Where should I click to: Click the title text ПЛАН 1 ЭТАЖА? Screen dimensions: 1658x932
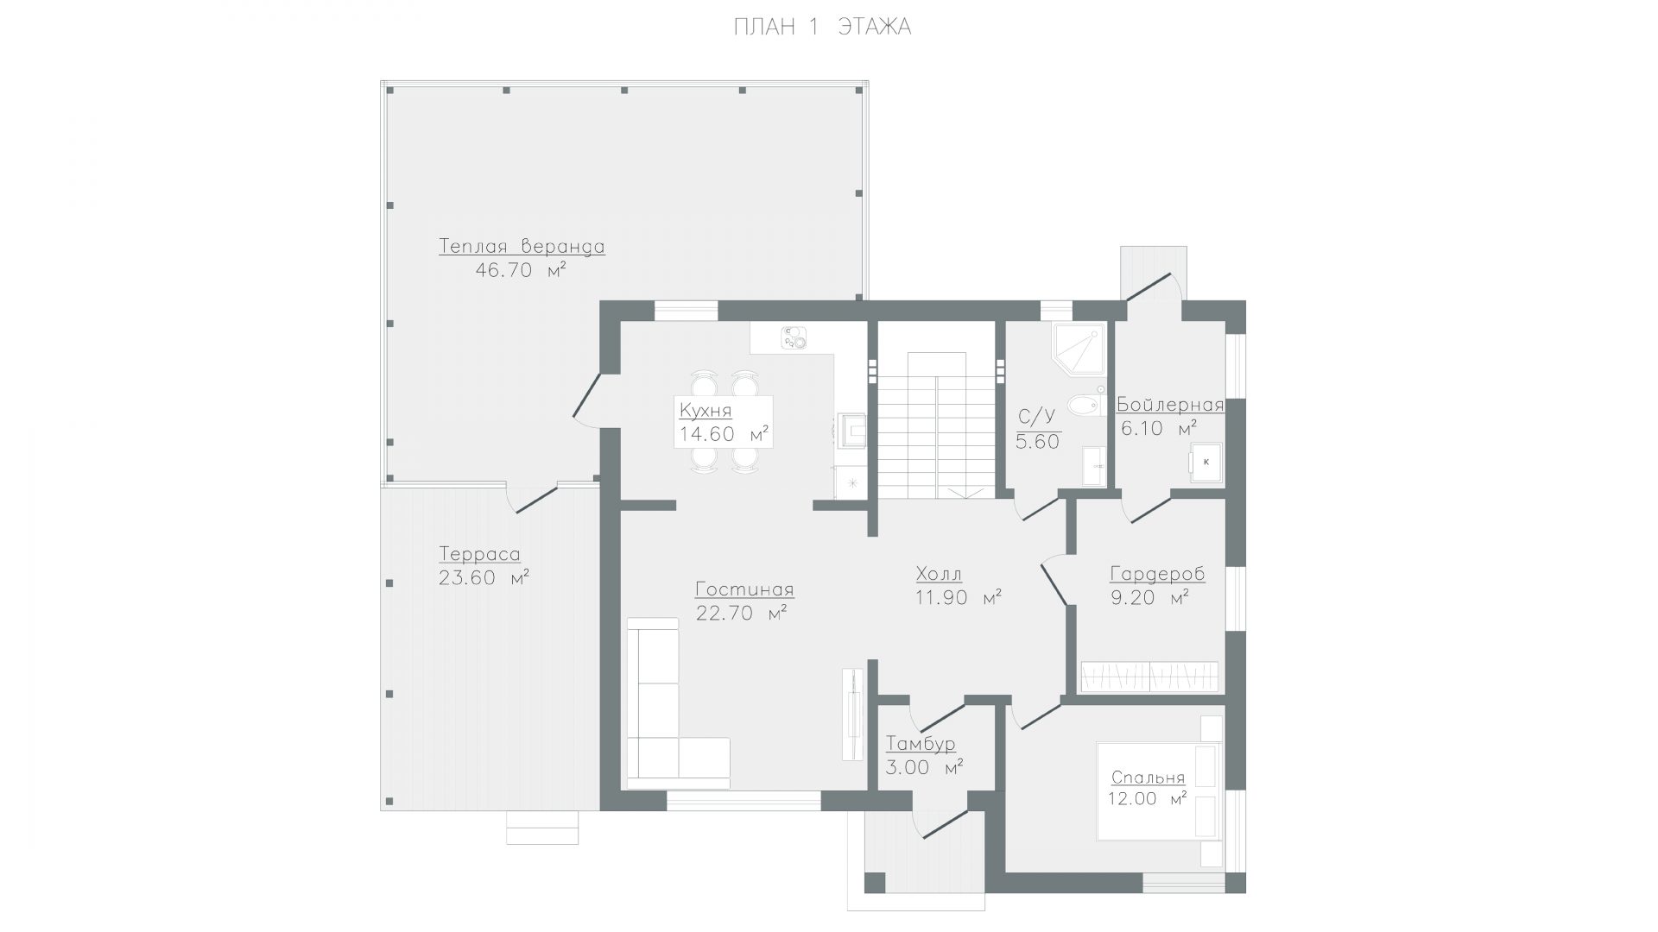(822, 28)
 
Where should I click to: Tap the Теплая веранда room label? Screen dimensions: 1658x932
(522, 246)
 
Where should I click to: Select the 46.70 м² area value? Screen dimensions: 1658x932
(521, 270)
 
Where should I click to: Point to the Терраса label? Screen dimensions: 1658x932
(479, 554)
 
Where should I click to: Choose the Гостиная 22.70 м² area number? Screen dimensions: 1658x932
(741, 614)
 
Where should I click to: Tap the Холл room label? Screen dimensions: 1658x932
(939, 574)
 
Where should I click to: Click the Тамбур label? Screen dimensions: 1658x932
(921, 744)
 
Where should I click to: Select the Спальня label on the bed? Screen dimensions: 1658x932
(1148, 778)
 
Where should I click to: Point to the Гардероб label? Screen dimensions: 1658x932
(1157, 574)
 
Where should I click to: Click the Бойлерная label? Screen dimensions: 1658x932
(1170, 406)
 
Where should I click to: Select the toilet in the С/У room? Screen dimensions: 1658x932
(1085, 404)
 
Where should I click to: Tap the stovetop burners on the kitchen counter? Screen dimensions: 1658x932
(794, 338)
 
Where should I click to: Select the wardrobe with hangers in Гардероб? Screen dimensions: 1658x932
(1149, 677)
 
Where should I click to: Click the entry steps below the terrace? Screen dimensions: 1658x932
(542, 827)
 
